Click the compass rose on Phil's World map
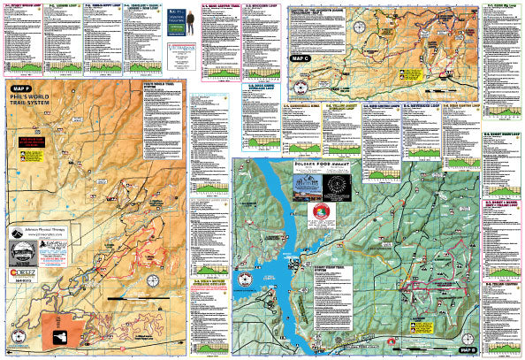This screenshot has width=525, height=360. pyautogui.click(x=153, y=281)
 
